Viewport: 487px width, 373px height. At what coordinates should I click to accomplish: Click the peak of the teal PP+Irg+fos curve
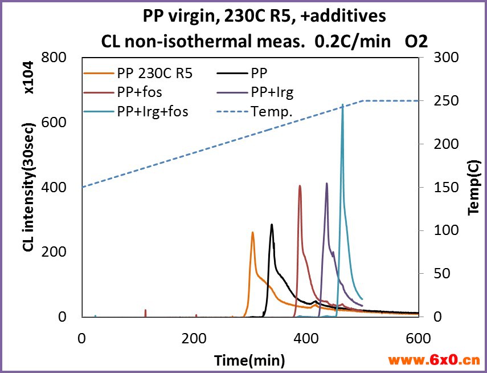pyautogui.click(x=342, y=105)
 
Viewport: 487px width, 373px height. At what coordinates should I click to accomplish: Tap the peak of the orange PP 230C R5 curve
pyautogui.click(x=252, y=232)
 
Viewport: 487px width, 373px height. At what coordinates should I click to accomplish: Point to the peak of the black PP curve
pyautogui.click(x=272, y=224)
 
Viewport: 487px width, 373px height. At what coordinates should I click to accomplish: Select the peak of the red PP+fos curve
pyautogui.click(x=300, y=185)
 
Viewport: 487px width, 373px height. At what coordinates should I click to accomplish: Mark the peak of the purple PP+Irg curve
pyautogui.click(x=327, y=183)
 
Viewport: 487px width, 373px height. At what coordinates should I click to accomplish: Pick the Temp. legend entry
pyautogui.click(x=272, y=112)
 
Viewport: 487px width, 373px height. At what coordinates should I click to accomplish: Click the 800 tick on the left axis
pyautogui.click(x=55, y=58)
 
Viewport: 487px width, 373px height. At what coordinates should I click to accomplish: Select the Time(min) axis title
pyautogui.click(x=249, y=360)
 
